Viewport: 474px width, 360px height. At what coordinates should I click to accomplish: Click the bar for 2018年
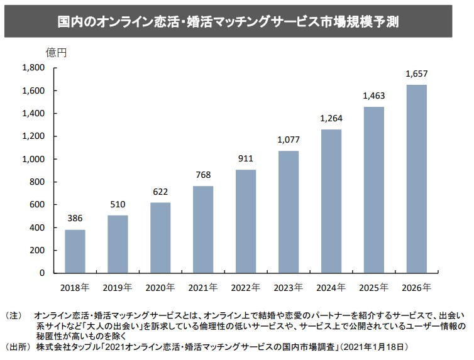click(75, 251)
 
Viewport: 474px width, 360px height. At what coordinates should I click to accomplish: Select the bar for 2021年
click(203, 229)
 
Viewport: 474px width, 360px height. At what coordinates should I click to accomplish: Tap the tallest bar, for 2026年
click(416, 179)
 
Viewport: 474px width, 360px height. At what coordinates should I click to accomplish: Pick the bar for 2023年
click(289, 212)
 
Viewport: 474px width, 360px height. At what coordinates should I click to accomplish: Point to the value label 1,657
click(417, 74)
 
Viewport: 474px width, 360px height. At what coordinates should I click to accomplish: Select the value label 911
click(246, 159)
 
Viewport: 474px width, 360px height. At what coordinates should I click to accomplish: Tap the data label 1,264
click(331, 118)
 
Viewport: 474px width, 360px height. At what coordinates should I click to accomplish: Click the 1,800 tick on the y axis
click(33, 68)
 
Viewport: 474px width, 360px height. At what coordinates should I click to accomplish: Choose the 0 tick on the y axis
click(42, 273)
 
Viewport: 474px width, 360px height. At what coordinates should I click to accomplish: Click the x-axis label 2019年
click(118, 288)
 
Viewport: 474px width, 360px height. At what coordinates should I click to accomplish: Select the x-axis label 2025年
click(373, 288)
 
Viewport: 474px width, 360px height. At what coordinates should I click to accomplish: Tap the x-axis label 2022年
click(246, 288)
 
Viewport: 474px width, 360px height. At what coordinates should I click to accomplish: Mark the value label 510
click(118, 205)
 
